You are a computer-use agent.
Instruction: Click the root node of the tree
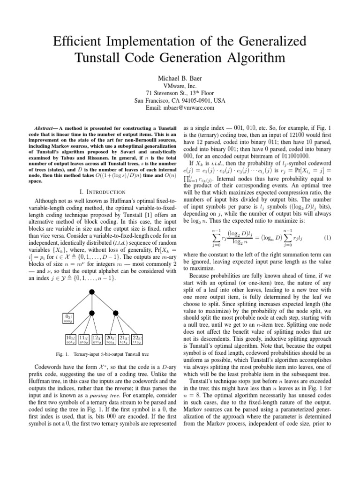tap(92, 292)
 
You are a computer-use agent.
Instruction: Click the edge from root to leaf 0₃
tap(80, 306)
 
